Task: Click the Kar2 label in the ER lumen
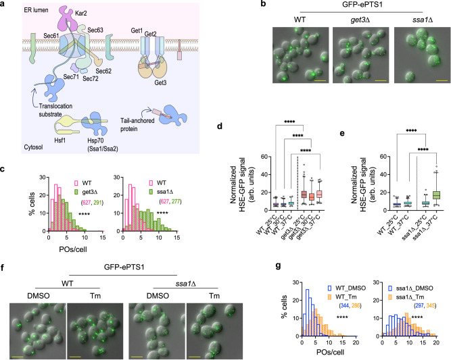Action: click(x=81, y=14)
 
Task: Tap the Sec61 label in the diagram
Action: click(x=51, y=36)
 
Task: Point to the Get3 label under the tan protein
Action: click(x=160, y=83)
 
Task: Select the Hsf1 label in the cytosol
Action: click(x=60, y=140)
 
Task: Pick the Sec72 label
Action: click(x=91, y=78)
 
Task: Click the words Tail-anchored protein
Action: click(x=137, y=125)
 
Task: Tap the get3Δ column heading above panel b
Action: click(x=360, y=20)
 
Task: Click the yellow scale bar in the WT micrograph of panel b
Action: click(x=321, y=81)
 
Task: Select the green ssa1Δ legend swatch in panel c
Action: click(x=151, y=191)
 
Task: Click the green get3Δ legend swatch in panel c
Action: click(x=76, y=191)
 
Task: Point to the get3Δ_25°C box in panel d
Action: click(x=304, y=195)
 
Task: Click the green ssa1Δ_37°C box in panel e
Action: click(x=436, y=195)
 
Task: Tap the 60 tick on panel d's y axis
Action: click(x=264, y=157)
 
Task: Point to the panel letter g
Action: click(x=278, y=266)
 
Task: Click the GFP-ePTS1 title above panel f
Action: click(x=124, y=267)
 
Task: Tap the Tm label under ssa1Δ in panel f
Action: click(x=214, y=296)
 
